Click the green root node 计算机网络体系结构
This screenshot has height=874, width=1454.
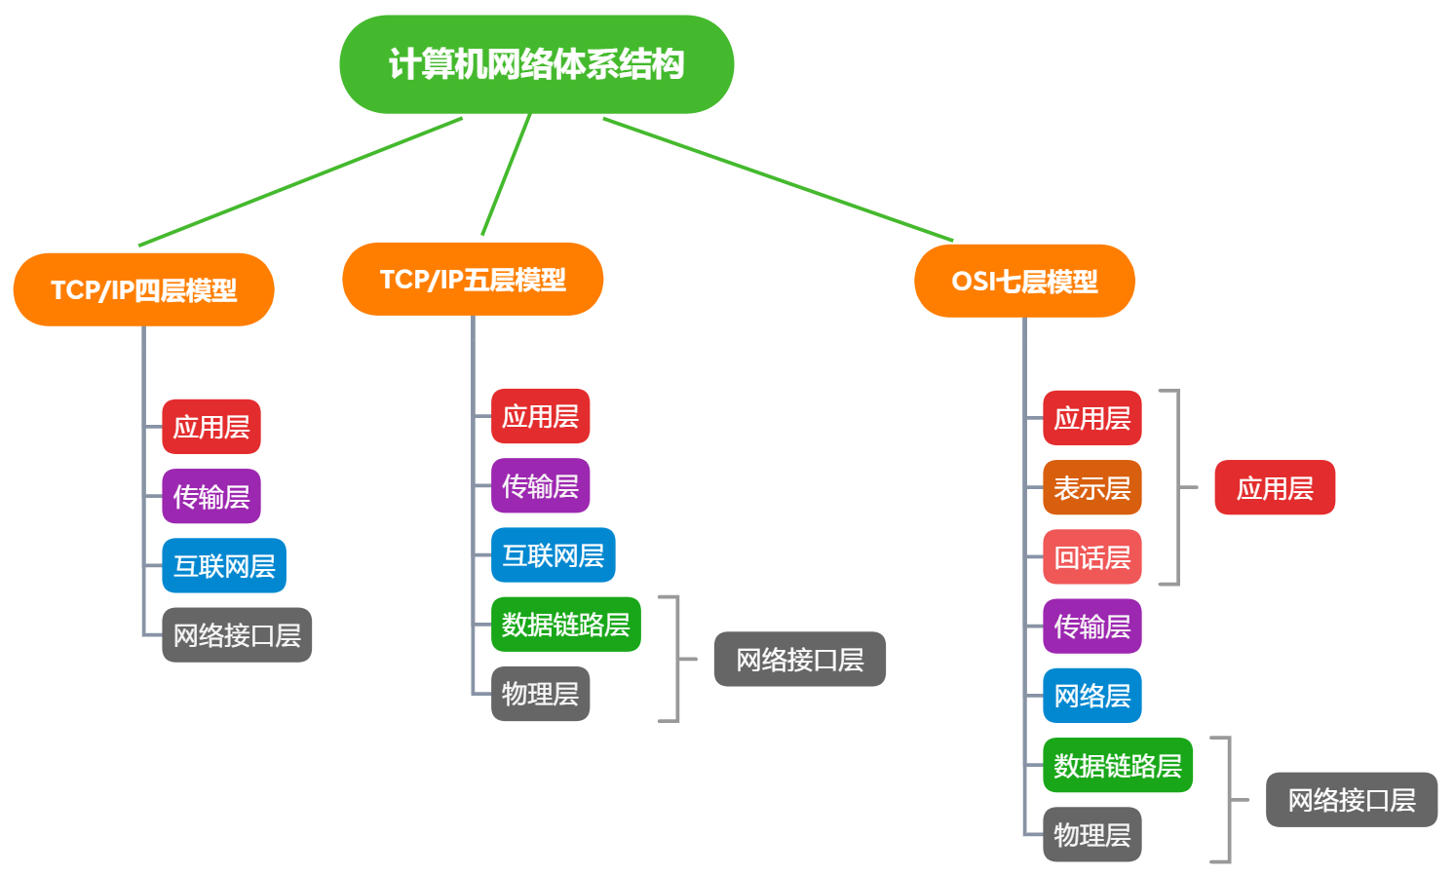(536, 64)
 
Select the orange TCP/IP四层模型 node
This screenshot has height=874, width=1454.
(143, 289)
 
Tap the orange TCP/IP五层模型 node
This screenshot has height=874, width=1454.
(473, 280)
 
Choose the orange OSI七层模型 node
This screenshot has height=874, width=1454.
(1024, 281)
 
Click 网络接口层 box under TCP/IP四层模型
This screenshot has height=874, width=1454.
(237, 635)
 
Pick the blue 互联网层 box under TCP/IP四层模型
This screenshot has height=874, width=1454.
(224, 566)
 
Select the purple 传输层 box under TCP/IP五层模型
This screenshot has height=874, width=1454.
(540, 485)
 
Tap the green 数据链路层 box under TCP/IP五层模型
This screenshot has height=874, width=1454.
(565, 625)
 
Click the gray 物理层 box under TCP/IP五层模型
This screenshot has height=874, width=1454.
(540, 694)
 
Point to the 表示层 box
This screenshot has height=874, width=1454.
(1091, 487)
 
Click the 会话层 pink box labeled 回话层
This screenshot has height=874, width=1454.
(1091, 557)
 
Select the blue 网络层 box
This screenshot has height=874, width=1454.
(1091, 696)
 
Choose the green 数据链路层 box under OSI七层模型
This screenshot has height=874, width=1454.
(1117, 765)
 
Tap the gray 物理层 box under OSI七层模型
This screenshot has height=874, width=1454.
(1091, 835)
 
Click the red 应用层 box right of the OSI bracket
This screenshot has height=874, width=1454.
(1275, 487)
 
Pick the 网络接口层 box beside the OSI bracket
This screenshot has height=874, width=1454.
(1351, 800)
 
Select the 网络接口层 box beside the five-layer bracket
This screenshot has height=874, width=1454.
(799, 660)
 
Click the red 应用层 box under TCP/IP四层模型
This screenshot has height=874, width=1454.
(211, 427)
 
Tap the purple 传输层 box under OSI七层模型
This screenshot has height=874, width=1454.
(1091, 627)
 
